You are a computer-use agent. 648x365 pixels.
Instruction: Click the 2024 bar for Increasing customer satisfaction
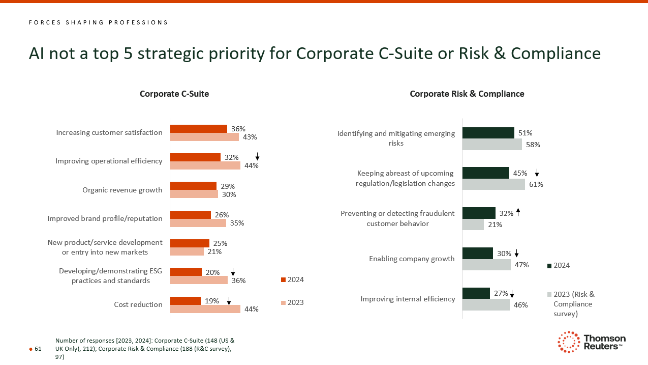(x=198, y=129)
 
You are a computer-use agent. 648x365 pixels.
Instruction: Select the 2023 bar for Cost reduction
(x=205, y=309)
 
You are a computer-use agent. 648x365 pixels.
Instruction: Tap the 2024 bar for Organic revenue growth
(x=193, y=186)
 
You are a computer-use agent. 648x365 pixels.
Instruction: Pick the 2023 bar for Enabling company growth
(x=486, y=265)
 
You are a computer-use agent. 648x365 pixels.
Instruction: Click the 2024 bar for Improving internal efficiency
(x=476, y=293)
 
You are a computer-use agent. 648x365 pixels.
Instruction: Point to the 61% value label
(x=536, y=184)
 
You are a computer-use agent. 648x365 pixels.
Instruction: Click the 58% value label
(x=533, y=145)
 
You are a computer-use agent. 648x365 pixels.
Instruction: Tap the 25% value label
(x=220, y=243)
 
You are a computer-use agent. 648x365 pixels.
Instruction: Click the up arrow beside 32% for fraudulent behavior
(x=518, y=212)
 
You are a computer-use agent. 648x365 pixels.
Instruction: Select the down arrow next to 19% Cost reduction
(x=229, y=301)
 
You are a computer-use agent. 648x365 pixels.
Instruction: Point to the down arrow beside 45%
(x=537, y=174)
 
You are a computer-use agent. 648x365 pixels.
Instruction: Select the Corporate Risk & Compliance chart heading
(x=467, y=94)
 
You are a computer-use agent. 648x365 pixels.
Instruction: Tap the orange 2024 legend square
(x=283, y=279)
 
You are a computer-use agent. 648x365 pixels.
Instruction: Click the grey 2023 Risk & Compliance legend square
(x=549, y=294)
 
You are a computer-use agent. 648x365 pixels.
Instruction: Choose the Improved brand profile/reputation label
(x=105, y=218)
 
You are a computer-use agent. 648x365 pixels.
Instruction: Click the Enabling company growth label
(x=412, y=259)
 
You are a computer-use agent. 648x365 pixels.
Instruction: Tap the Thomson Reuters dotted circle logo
(x=569, y=342)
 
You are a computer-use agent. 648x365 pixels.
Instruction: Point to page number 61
(x=38, y=349)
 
